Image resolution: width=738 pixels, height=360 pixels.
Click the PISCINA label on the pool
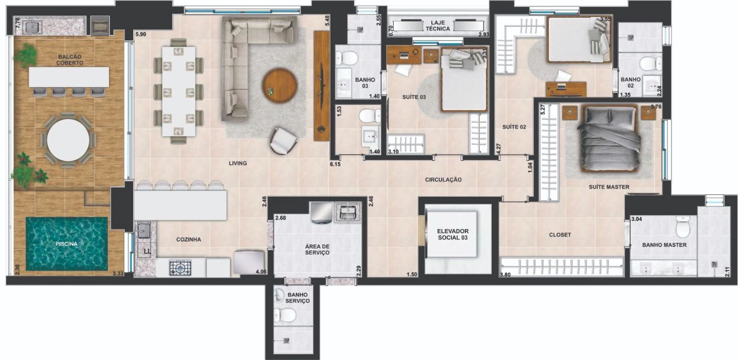(66, 244)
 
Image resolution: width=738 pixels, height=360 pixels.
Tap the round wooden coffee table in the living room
(280, 86)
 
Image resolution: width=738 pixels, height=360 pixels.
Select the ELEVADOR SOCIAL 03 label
(453, 234)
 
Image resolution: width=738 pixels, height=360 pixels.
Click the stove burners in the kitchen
(180, 268)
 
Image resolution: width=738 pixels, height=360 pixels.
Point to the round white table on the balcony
(68, 140)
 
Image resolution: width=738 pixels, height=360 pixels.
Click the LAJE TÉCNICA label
(438, 26)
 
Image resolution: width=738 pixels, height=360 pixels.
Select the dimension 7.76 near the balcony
(18, 23)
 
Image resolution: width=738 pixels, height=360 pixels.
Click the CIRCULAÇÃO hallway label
(443, 179)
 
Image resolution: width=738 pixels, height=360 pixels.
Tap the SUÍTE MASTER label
(609, 187)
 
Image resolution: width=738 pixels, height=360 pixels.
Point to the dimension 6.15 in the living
(335, 164)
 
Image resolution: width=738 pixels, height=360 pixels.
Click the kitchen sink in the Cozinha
(144, 230)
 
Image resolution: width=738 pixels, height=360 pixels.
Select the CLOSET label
(560, 235)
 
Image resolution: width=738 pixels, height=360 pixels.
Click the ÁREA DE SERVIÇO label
(317, 250)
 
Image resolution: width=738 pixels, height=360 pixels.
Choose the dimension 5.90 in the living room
(141, 34)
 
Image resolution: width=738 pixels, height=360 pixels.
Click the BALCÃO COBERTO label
(70, 59)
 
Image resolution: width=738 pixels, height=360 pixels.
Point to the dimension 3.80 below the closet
(506, 275)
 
